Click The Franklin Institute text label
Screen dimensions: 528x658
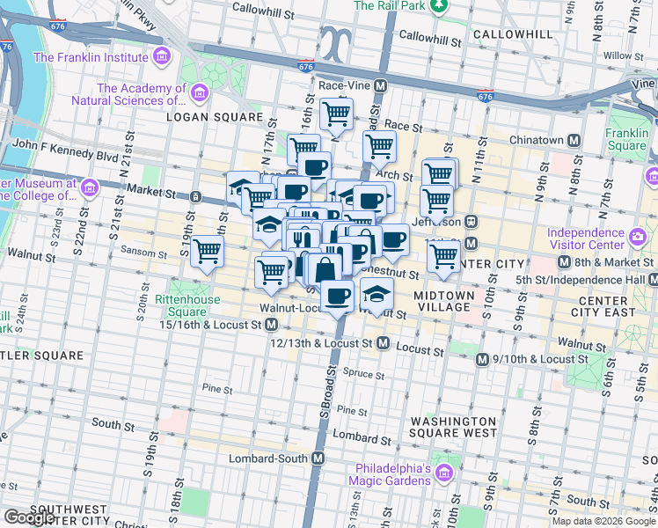(91, 58)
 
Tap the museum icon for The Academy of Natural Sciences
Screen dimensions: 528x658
(200, 92)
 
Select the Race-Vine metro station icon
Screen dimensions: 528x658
(381, 86)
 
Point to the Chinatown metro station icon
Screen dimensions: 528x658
(574, 140)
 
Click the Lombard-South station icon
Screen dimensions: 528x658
(318, 459)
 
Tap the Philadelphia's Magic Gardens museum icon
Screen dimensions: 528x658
(445, 475)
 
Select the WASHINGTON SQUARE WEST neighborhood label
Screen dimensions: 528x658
(453, 428)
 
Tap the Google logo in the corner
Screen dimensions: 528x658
(29, 517)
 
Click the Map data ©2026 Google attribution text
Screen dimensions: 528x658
(603, 521)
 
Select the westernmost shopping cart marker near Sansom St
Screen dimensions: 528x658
(207, 251)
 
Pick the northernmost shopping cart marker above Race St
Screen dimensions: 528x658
(336, 114)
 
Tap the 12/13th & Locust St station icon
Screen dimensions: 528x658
(384, 343)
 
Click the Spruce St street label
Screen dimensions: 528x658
(363, 373)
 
